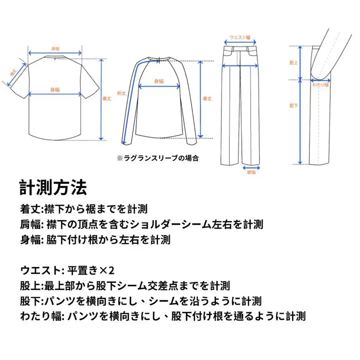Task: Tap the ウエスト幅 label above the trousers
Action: point(240,37)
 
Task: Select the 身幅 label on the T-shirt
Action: point(55,89)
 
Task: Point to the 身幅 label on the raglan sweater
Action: point(159,81)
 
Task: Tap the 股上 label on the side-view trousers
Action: point(294,63)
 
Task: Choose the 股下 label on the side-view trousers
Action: point(294,106)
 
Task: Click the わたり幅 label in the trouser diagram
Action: point(320,85)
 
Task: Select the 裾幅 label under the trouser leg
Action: point(251,172)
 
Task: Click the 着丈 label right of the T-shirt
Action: point(106,99)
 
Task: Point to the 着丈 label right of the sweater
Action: point(207,98)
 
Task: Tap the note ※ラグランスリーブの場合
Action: point(158,158)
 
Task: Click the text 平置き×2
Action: point(91,271)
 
